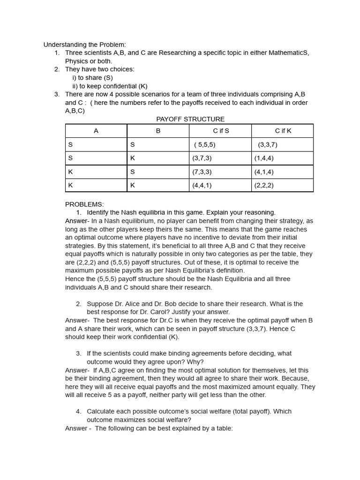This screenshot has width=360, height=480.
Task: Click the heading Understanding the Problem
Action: tap(84, 45)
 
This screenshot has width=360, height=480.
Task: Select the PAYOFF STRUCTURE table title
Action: tap(190, 119)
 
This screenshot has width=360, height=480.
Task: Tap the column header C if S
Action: tap(221, 131)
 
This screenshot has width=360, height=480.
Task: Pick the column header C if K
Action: tap(283, 131)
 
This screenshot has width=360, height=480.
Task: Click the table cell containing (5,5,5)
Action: tap(205, 144)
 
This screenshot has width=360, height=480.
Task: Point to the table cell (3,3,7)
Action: tap(268, 144)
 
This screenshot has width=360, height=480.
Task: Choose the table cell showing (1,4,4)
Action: tap(264, 158)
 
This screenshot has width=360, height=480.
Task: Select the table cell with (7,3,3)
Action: tap(202, 172)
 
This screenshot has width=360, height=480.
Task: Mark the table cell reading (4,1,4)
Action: tap(264, 172)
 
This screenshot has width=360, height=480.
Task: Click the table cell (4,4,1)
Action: tap(202, 185)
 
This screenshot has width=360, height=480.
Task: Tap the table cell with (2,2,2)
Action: tap(264, 185)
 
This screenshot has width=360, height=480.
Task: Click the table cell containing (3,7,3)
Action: tap(202, 158)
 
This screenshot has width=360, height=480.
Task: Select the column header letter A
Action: tap(96, 131)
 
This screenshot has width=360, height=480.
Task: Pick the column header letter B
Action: tap(158, 131)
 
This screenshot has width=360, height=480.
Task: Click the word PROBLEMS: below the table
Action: tap(84, 204)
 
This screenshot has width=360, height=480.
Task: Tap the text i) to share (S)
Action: tap(92, 78)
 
